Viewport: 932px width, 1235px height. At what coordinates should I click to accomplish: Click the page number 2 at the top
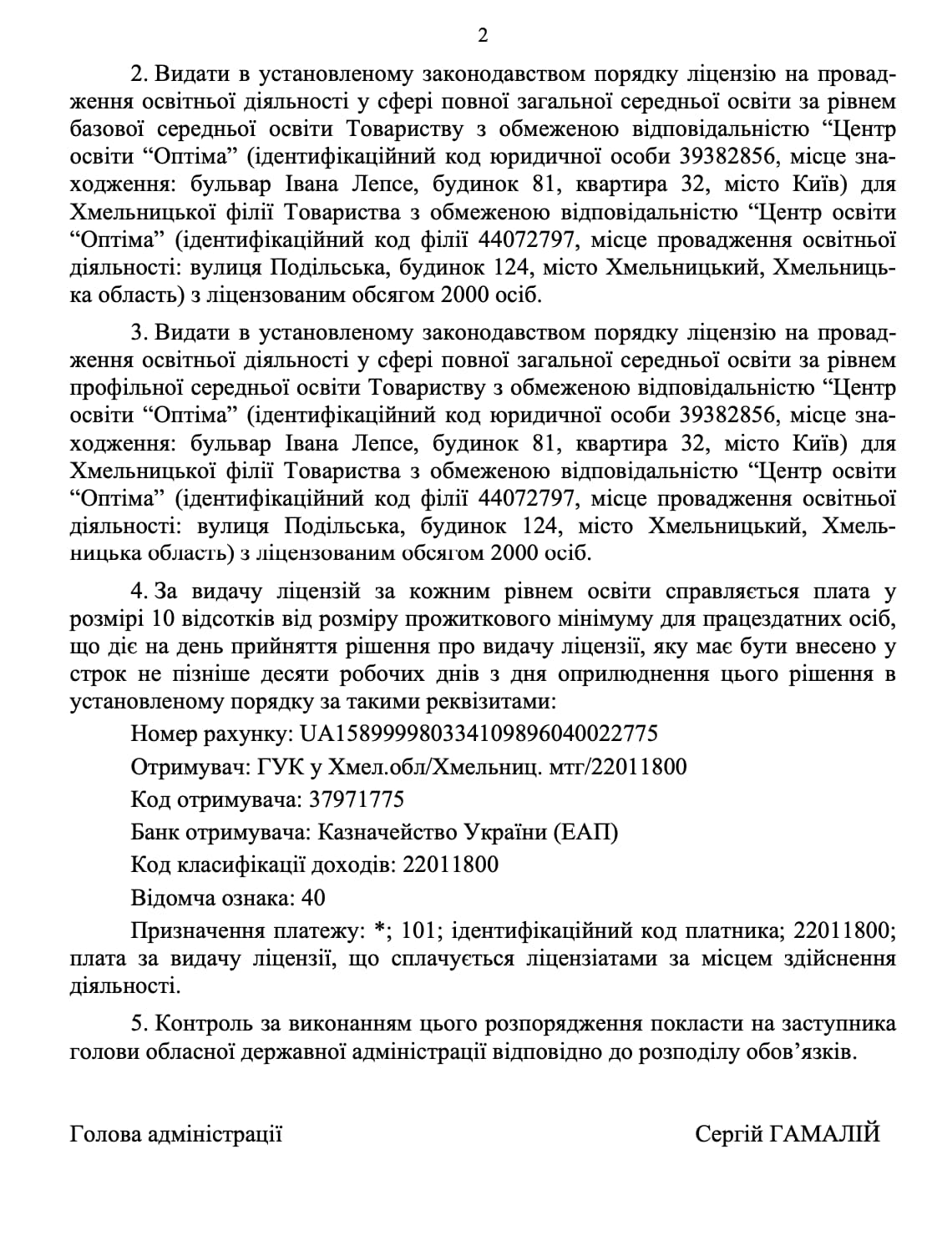[482, 36]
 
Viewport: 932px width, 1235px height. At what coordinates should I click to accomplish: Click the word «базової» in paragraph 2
[107, 129]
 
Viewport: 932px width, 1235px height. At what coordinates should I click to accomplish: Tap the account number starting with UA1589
[479, 733]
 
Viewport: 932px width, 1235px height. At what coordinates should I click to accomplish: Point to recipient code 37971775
[356, 799]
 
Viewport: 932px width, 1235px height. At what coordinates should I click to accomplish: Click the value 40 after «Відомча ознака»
[315, 898]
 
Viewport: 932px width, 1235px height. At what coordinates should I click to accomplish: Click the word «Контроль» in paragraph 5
[205, 1024]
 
